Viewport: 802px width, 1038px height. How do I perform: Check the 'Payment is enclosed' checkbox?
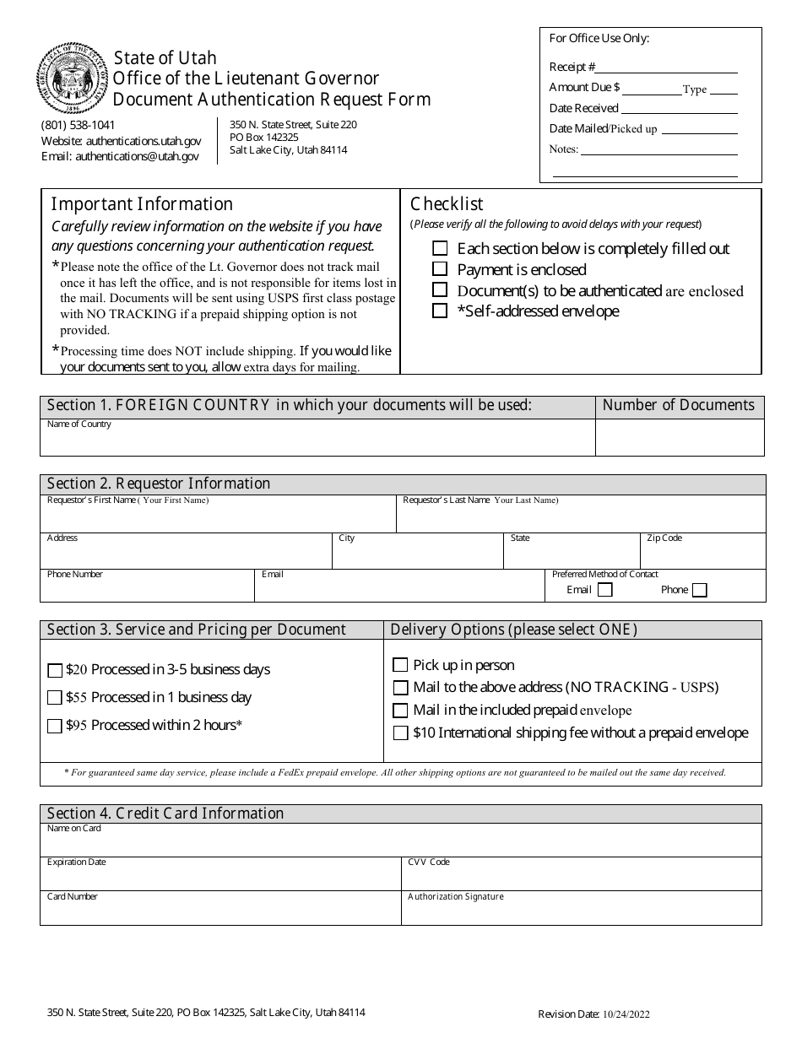pos(440,269)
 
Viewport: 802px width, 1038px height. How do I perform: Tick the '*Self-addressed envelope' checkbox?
pos(440,311)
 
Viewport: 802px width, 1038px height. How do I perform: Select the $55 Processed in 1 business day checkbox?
pos(55,698)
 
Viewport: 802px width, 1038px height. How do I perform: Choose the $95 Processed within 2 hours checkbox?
pos(55,726)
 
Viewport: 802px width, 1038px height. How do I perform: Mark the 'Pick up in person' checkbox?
pos(400,665)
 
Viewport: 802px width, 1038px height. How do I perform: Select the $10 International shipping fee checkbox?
pos(400,733)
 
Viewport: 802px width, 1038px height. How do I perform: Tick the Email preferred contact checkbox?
pos(604,590)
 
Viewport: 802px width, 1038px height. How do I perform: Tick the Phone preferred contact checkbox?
pos(699,590)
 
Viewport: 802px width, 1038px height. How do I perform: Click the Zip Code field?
pos(702,554)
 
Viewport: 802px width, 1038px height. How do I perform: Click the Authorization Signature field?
pos(581,911)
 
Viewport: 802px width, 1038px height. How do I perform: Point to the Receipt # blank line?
pos(668,68)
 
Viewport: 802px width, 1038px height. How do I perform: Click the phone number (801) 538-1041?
pos(79,125)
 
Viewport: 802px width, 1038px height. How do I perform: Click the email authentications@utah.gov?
pos(138,156)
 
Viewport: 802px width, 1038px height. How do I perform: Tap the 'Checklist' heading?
pos(447,204)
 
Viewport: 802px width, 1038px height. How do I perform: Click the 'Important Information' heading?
pos(142,204)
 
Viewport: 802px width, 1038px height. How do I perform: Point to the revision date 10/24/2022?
pos(626,1015)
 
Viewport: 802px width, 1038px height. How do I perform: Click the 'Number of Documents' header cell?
pos(679,406)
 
